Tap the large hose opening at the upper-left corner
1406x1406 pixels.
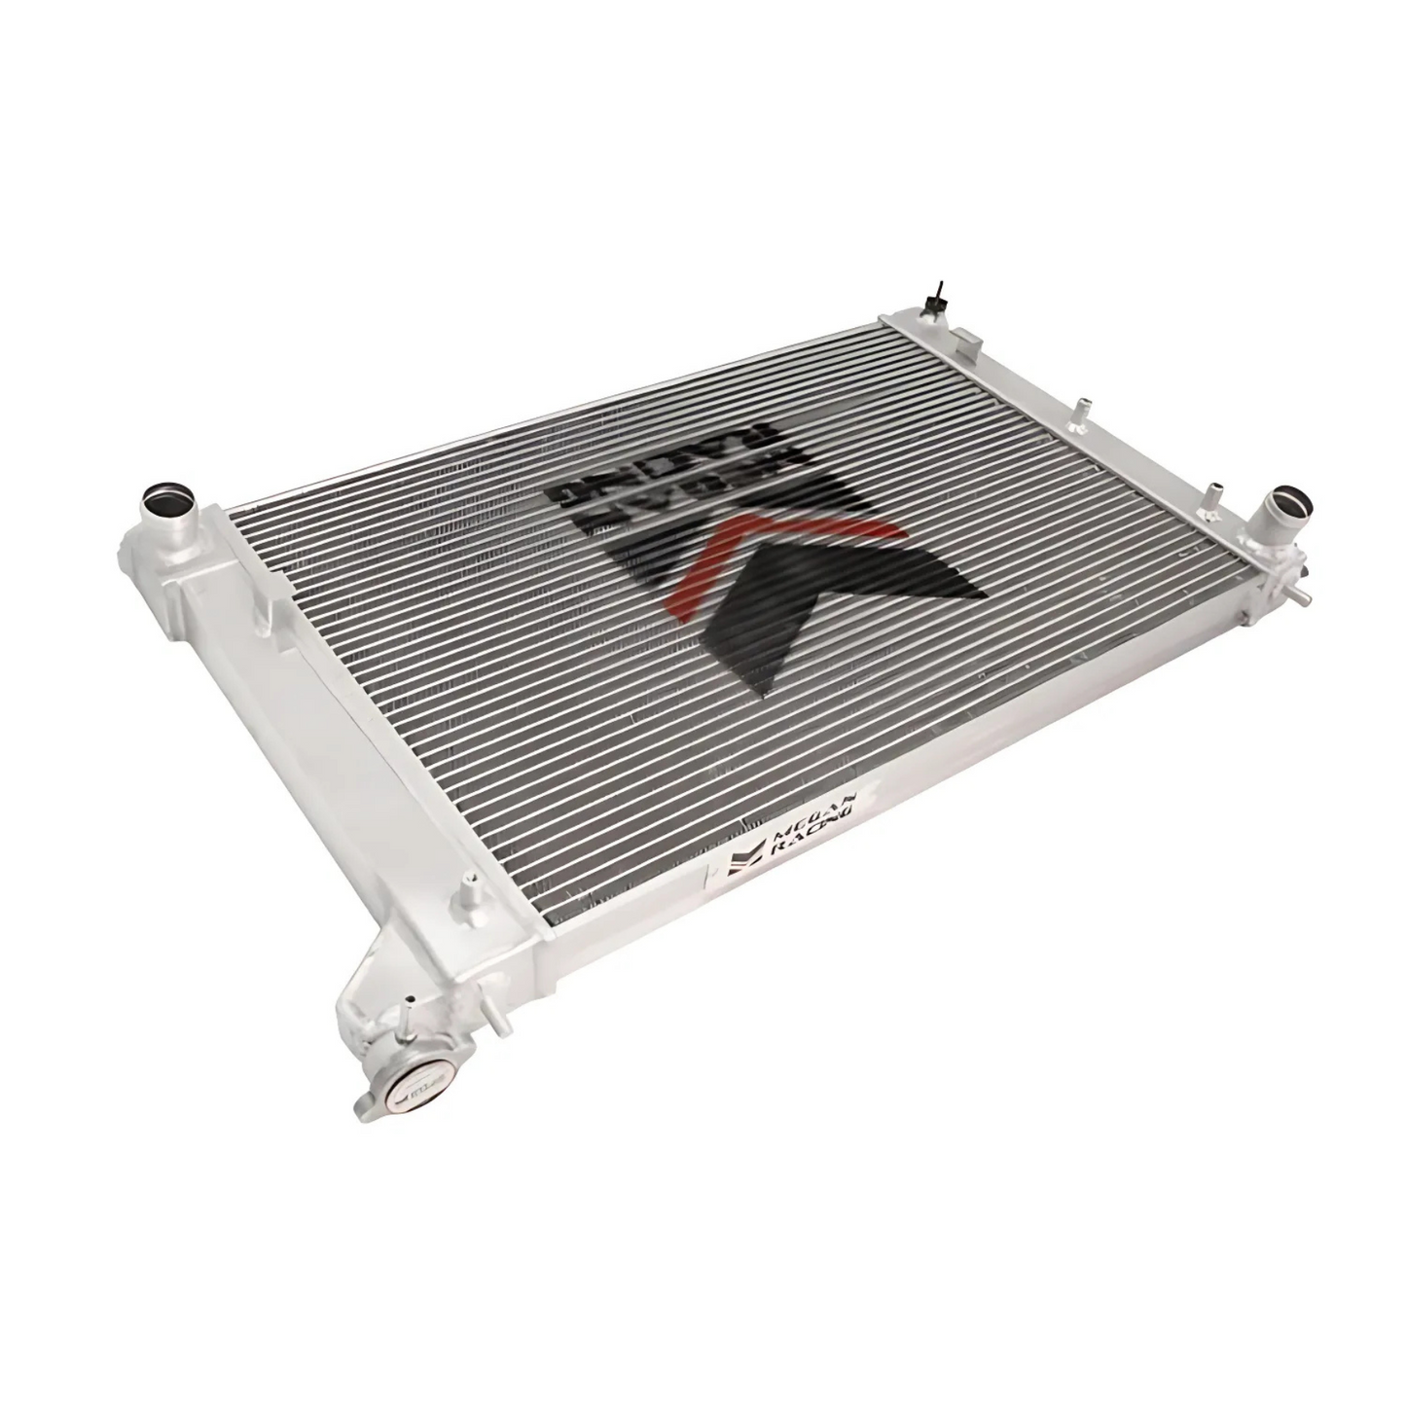coord(162,506)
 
